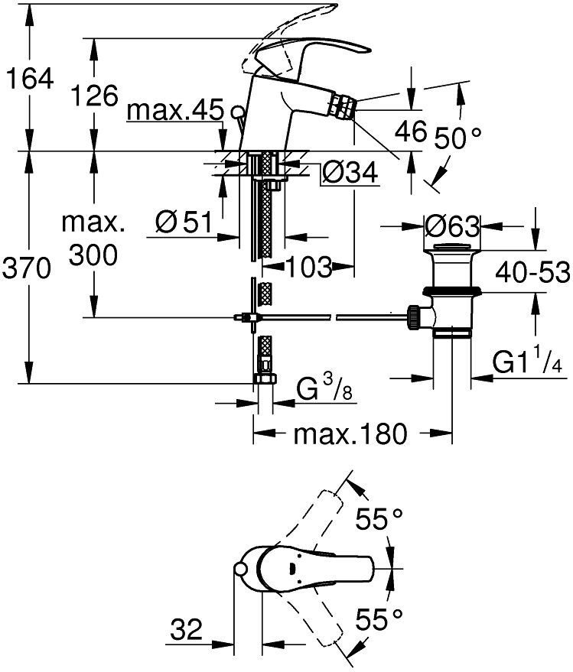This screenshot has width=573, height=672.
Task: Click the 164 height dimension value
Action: [29, 78]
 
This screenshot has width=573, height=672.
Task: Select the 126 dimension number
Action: [94, 96]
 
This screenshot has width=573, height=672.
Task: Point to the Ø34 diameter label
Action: [350, 175]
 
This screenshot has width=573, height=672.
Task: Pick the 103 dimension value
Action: [308, 267]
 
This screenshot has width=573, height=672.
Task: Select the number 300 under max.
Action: [93, 255]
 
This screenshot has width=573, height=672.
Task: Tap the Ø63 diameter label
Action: [451, 226]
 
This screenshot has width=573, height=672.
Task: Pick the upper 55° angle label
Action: [379, 521]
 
